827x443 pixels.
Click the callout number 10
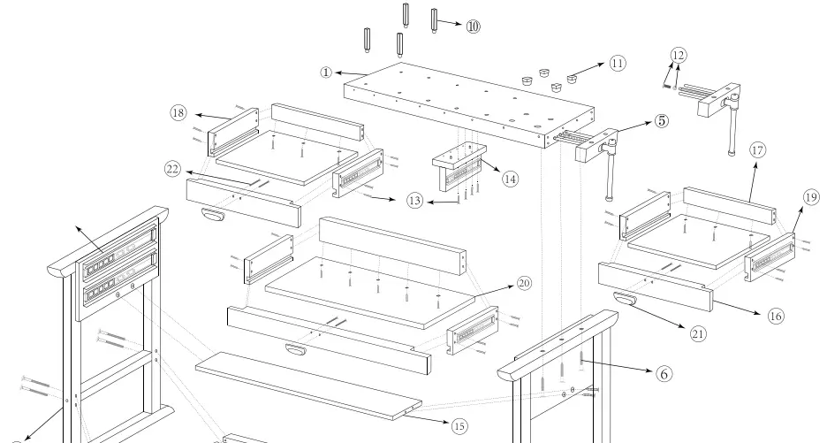coord(473,27)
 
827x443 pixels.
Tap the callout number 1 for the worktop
coord(326,72)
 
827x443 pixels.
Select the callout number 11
coord(616,63)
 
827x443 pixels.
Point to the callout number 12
coord(678,56)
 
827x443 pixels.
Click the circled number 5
coord(661,121)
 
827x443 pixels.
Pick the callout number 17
coord(757,150)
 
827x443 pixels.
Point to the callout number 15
coord(459,426)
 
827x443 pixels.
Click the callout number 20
coord(524,284)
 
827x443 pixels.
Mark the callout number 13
coord(414,201)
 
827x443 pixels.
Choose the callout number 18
coord(178,112)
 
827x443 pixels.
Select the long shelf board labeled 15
coord(300,380)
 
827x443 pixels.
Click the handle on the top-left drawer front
coord(213,213)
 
